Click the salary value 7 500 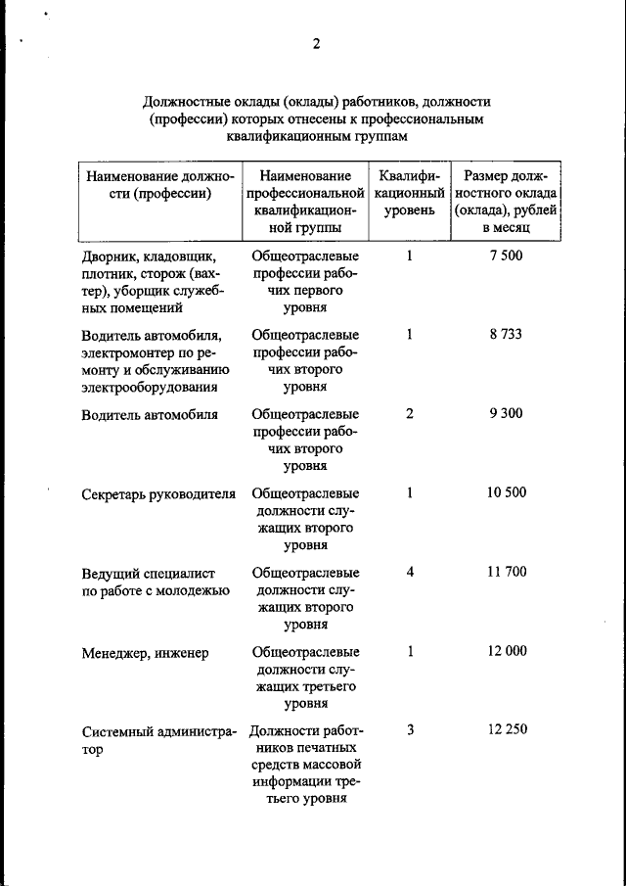(507, 256)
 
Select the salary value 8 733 (507, 334)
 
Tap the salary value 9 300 (507, 413)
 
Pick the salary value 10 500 (507, 492)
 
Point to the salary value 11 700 (507, 572)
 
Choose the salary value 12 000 (507, 651)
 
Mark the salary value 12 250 (507, 730)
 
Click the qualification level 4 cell (410, 572)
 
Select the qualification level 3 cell (410, 730)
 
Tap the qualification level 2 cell (410, 413)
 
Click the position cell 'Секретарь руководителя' (158, 493)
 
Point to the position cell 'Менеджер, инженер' (145, 652)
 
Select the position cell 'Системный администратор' (158, 740)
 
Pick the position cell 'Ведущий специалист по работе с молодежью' (156, 581)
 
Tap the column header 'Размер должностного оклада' (507, 201)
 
